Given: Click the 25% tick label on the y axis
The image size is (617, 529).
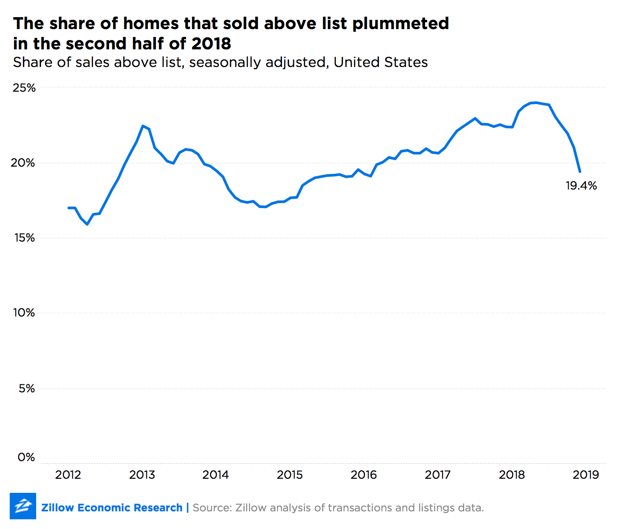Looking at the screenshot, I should coord(24,88).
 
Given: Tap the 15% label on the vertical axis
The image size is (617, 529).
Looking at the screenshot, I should coord(24,238).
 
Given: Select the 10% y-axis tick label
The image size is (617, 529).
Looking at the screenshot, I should coord(24,313).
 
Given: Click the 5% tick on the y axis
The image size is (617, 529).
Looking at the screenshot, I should coord(26,388).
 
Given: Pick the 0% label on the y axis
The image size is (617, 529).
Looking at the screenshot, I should coord(26,457).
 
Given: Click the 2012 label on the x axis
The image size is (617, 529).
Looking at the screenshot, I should coord(68,474).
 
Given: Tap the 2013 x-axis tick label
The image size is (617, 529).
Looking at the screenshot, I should coord(142,474).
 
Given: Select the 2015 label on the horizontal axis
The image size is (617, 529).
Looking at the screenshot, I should coord(290,474).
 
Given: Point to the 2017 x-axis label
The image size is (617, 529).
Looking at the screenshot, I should coord(438,474).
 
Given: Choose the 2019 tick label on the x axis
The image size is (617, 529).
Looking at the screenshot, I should coord(586,474).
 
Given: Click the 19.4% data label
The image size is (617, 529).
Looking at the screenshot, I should coord(581,186).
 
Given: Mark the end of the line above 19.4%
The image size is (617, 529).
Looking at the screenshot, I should coord(580,171).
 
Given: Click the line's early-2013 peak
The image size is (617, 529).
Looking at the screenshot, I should coord(143,126).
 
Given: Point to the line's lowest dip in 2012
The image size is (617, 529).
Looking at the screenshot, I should coord(87,224).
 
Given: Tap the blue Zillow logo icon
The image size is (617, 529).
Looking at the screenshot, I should coord(23,506).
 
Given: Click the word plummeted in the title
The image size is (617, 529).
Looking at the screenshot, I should coord(401,23).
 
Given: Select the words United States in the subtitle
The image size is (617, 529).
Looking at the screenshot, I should coord(380,62).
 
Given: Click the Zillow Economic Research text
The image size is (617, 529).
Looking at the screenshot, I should coord(112,508).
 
